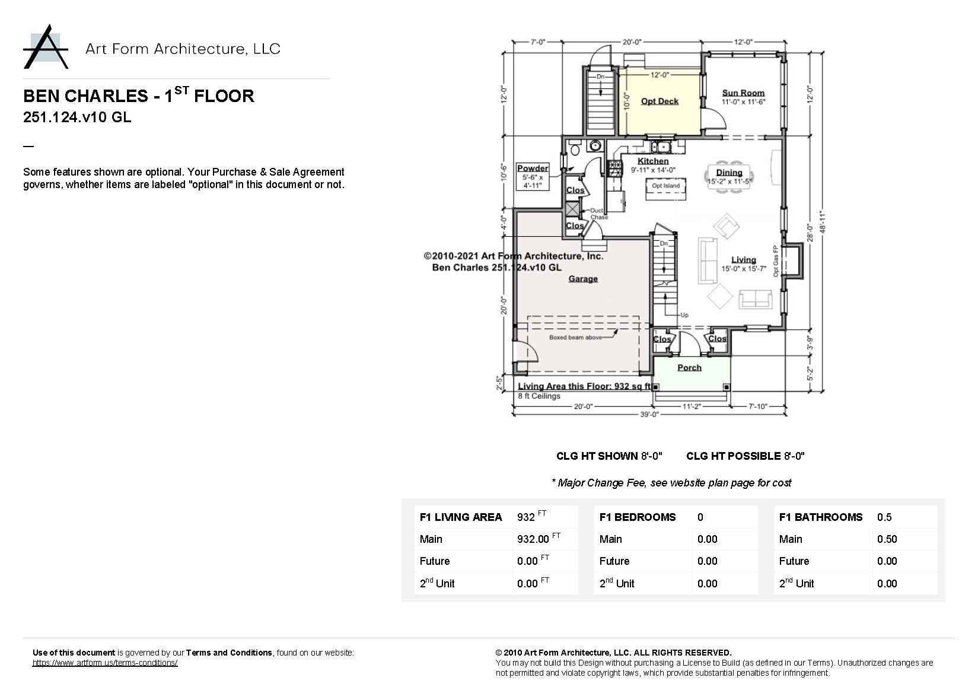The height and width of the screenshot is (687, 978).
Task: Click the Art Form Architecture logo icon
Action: click(46, 47)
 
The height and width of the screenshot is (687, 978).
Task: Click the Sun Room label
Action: click(743, 93)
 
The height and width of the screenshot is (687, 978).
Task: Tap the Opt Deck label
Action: click(660, 101)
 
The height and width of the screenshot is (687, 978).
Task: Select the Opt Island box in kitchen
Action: click(665, 186)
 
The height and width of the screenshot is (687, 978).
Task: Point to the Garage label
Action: click(583, 279)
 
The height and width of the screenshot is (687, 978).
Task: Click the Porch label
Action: click(689, 368)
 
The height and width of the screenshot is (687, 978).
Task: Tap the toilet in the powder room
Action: click(574, 148)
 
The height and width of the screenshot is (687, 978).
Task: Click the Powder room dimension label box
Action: click(533, 177)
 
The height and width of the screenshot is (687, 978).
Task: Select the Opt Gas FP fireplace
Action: click(792, 261)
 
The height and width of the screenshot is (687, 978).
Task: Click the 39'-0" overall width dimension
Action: click(649, 415)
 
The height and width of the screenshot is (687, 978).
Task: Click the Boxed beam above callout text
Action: click(575, 338)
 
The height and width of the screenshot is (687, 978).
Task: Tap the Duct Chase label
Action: click(597, 214)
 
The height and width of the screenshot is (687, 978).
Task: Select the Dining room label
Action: click(729, 173)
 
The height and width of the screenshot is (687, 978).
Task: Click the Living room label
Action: click(743, 260)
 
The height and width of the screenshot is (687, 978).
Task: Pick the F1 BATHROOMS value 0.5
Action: click(884, 517)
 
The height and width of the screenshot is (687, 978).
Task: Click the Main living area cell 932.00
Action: click(533, 539)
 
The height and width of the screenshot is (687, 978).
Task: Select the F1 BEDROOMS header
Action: click(637, 517)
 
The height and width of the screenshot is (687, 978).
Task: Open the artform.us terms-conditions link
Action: click(105, 663)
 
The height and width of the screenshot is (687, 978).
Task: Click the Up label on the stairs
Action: click(684, 315)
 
